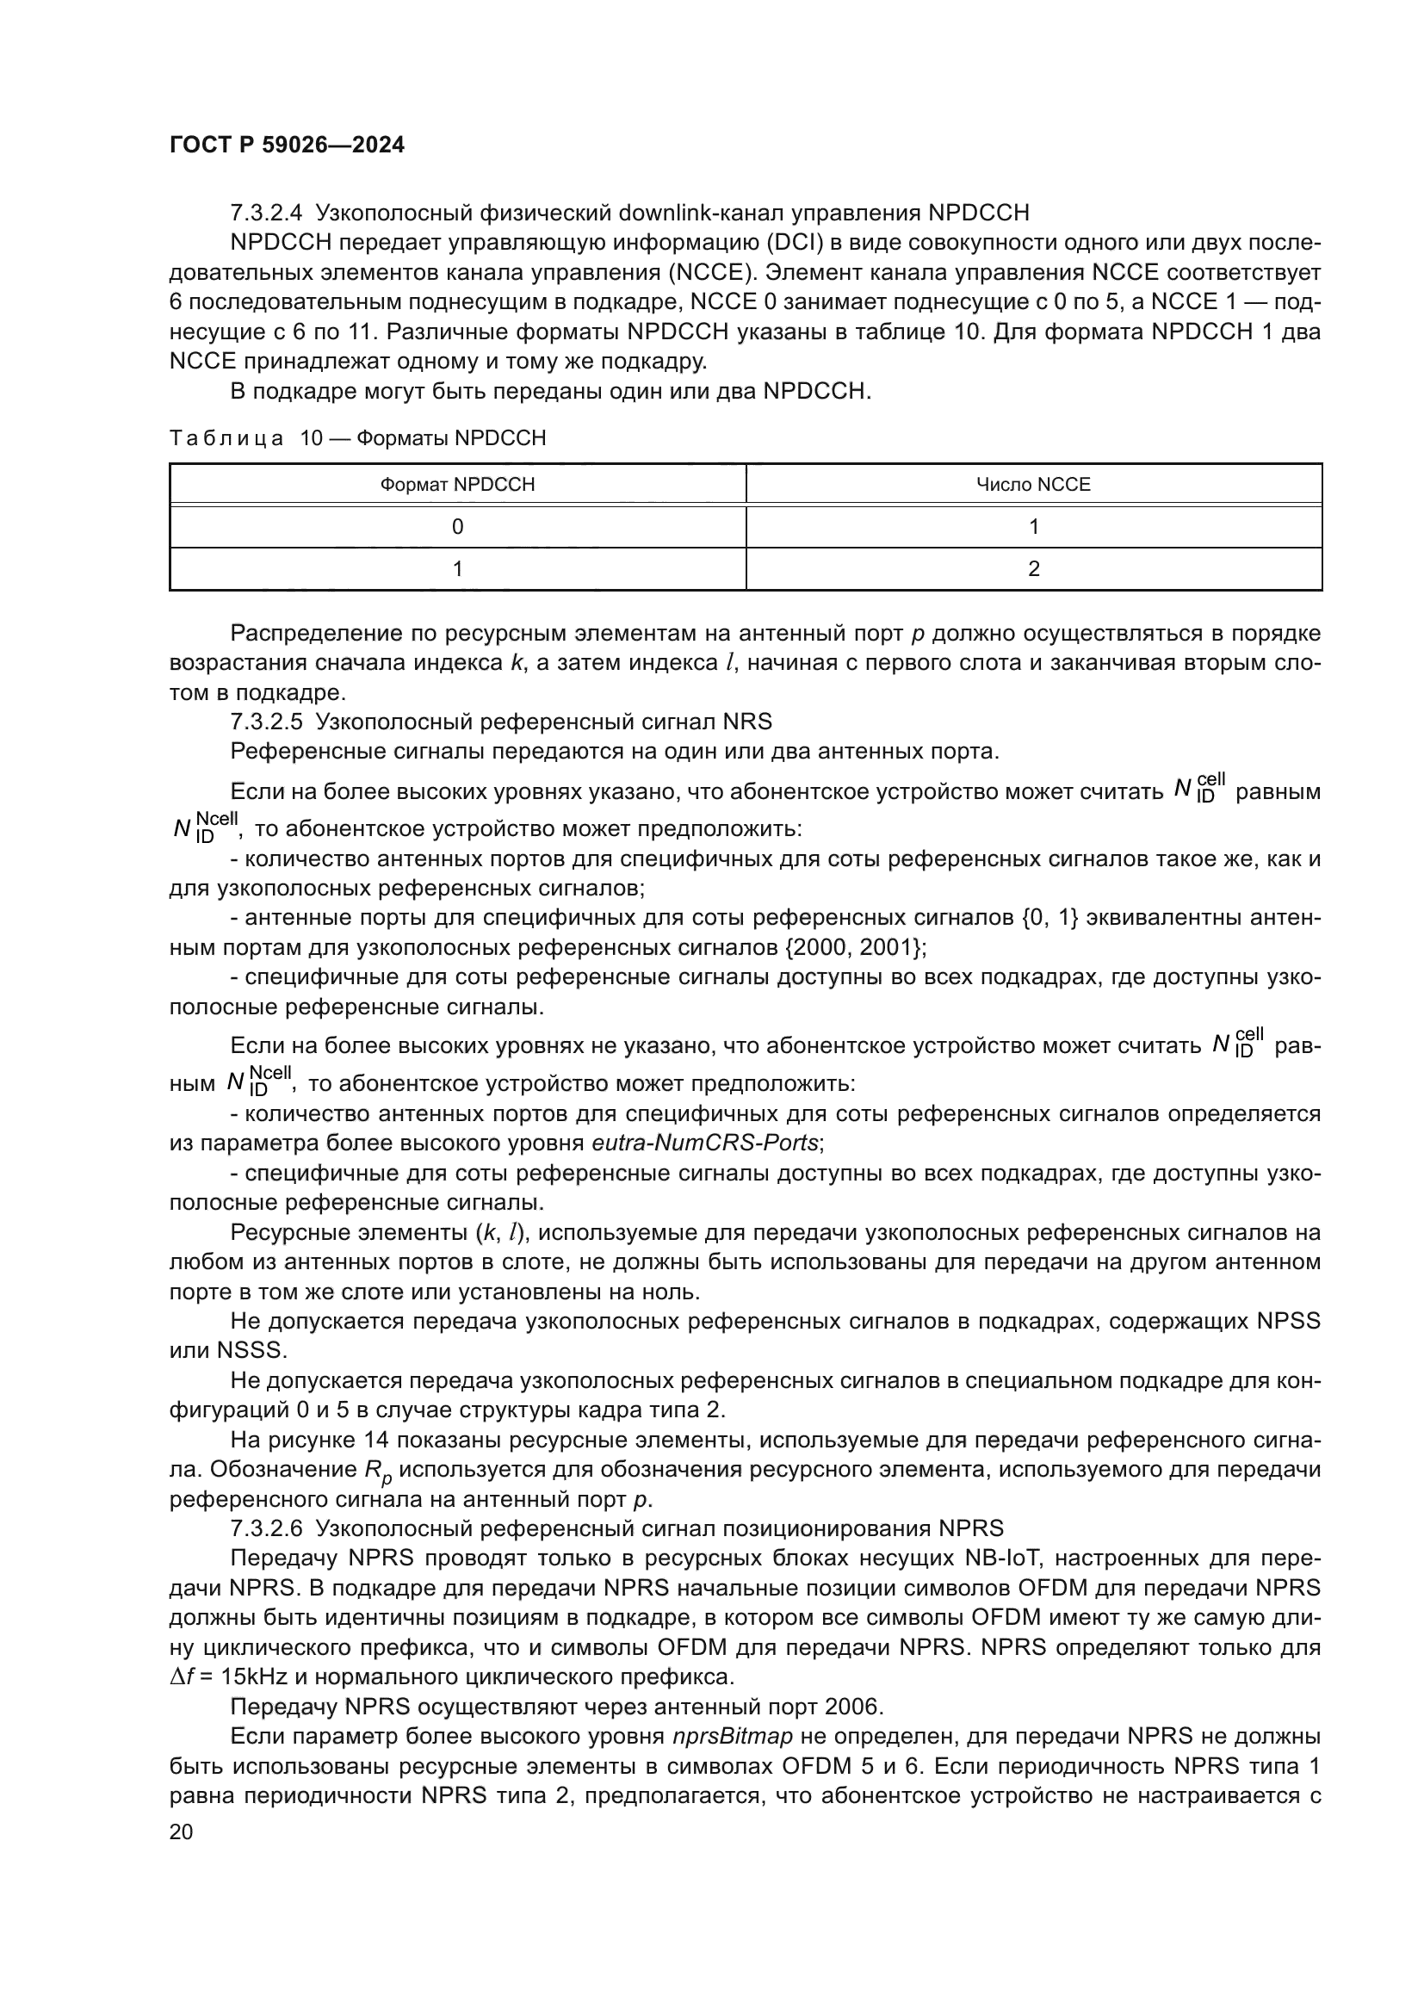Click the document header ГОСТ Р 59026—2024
287,146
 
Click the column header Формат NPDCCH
457,484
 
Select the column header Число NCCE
1033,484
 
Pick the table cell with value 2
1033,568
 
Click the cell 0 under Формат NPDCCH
457,526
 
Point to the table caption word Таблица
226,437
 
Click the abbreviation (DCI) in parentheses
794,243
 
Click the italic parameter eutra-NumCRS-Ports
707,1143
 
